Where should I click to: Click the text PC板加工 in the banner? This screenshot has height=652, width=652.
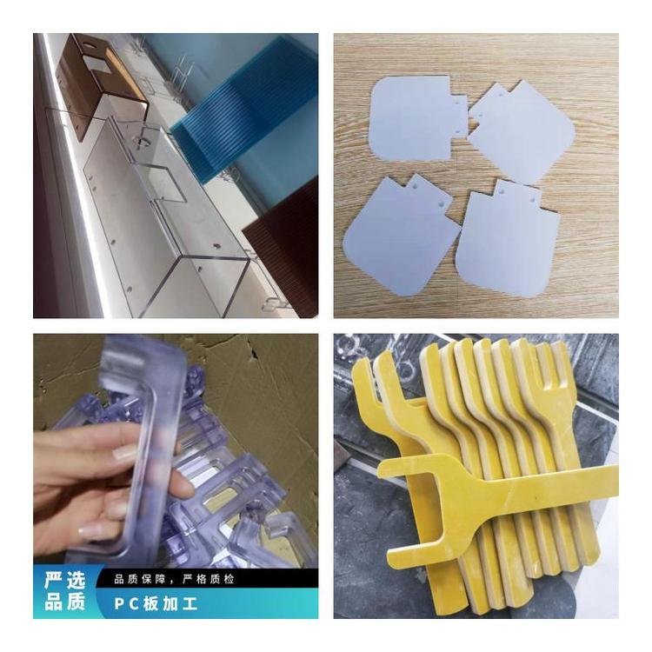(156, 604)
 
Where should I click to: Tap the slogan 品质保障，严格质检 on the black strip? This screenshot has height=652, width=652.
(174, 579)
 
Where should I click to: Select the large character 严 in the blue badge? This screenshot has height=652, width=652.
(53, 580)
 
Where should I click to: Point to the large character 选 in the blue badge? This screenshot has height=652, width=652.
(76, 580)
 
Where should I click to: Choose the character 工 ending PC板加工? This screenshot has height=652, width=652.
(189, 604)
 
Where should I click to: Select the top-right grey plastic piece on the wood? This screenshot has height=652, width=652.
(522, 132)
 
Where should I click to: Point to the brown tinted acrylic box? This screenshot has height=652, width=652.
(102, 83)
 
